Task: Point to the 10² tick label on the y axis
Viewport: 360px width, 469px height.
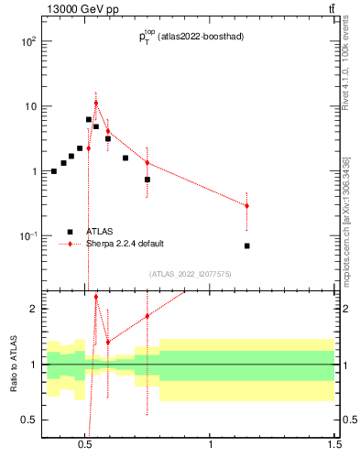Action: coord(28,42)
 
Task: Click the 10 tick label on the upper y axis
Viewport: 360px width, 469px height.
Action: coord(30,106)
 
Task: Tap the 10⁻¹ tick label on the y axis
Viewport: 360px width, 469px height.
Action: coord(28,236)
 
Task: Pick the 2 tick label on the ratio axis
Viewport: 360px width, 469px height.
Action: coord(32,309)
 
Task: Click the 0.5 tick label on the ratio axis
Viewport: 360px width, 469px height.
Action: coord(28,420)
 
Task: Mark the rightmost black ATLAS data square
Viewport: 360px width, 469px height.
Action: coord(247,245)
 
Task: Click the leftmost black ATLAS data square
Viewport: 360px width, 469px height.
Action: coord(54,171)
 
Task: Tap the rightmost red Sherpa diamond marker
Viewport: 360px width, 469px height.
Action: coord(246,206)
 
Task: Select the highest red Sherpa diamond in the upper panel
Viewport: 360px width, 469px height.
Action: coord(95,103)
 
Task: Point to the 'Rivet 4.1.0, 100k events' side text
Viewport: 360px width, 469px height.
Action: coord(345,63)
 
